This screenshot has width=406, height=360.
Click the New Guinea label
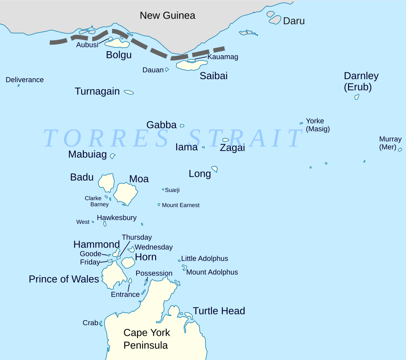(167, 16)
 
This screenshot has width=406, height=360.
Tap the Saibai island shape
(191, 66)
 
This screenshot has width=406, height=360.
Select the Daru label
(294, 21)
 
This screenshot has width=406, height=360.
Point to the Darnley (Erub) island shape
(357, 97)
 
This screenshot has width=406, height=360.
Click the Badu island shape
(107, 182)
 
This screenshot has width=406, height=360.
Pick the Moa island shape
(126, 193)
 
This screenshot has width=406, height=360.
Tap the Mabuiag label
(88, 154)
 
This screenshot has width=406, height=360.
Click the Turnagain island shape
(129, 92)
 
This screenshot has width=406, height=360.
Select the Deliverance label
(25, 80)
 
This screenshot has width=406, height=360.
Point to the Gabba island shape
(182, 126)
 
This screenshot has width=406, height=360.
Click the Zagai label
(232, 148)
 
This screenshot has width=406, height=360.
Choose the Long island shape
(215, 169)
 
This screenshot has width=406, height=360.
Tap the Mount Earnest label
(181, 205)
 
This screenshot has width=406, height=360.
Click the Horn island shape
(128, 262)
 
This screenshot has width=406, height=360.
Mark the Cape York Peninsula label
(146, 339)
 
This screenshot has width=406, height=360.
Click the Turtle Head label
(219, 311)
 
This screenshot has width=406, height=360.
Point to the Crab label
(90, 323)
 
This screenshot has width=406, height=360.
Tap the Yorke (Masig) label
(317, 125)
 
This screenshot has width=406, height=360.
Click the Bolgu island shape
(117, 43)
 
